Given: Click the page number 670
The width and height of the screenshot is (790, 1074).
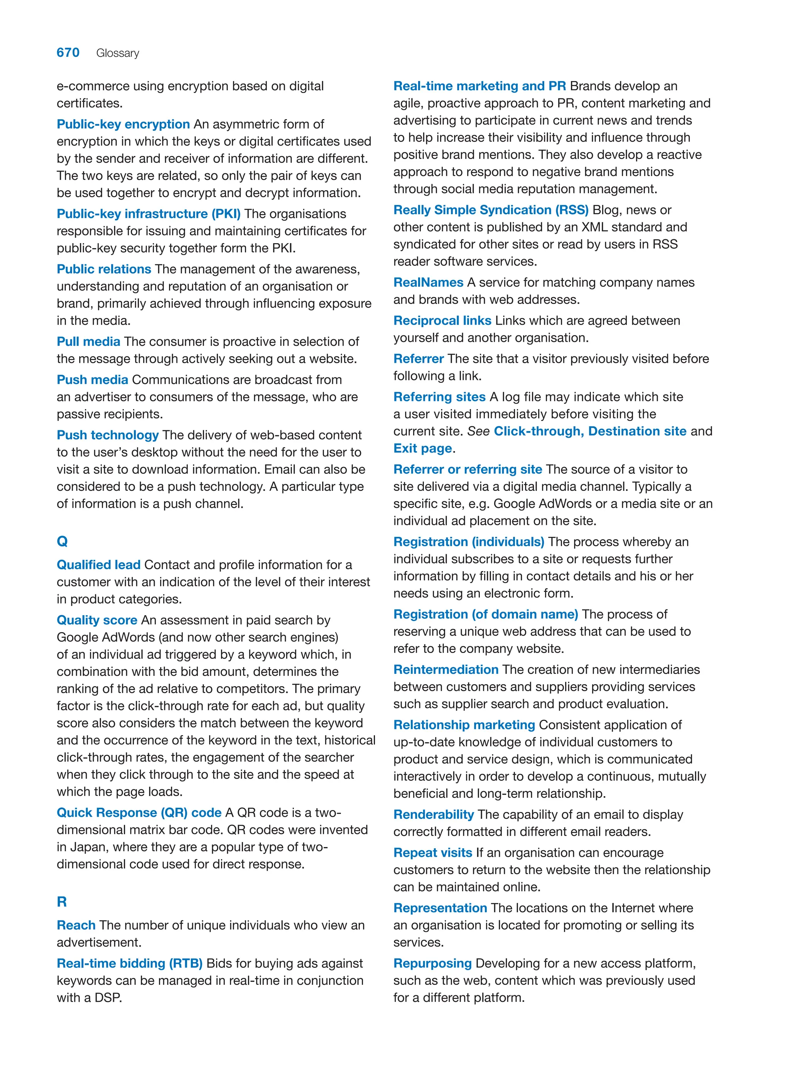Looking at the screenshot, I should pyautogui.click(x=68, y=52).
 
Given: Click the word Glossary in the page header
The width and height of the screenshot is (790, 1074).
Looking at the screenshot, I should pyautogui.click(x=118, y=53).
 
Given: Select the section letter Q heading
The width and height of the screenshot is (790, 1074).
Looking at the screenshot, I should pyautogui.click(x=62, y=541).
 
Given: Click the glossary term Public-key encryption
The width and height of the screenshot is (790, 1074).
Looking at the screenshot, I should pyautogui.click(x=123, y=124).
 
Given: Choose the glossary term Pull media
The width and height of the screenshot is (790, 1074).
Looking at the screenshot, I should pyautogui.click(x=88, y=342).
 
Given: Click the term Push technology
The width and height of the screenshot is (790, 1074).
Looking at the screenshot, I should pyautogui.click(x=108, y=435).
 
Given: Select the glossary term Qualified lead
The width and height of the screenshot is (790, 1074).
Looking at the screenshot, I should pyautogui.click(x=98, y=565).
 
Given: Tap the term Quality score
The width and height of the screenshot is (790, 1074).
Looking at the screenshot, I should pyautogui.click(x=97, y=620).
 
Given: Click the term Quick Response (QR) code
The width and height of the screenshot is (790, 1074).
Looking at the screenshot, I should pyautogui.click(x=139, y=813).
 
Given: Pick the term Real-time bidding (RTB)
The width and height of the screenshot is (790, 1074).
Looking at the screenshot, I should pyautogui.click(x=130, y=964).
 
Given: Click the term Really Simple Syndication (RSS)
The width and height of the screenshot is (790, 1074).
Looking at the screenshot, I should pyautogui.click(x=491, y=210).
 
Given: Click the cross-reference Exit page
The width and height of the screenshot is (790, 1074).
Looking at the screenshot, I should pyautogui.click(x=423, y=448).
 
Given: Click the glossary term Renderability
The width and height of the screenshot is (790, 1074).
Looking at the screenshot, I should pyautogui.click(x=434, y=814).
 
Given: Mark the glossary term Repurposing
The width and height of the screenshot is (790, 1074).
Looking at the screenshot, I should pyautogui.click(x=433, y=964).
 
